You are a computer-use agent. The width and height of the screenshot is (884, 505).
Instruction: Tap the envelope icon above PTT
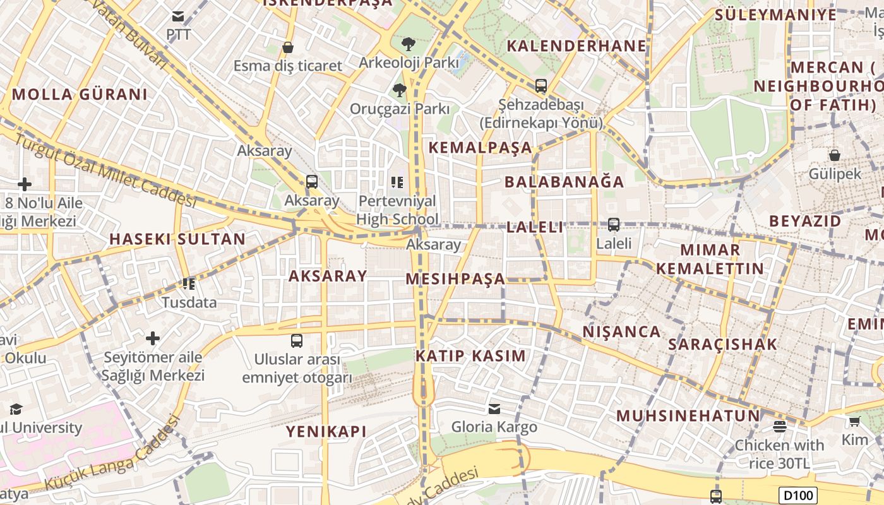[179, 16]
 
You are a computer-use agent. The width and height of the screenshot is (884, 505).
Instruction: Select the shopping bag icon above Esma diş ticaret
[288, 47]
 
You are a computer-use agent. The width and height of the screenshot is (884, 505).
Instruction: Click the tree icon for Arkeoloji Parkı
[409, 44]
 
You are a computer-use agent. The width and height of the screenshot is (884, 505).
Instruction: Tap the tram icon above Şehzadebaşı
[541, 85]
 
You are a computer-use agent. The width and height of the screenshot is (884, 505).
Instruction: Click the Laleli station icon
[613, 224]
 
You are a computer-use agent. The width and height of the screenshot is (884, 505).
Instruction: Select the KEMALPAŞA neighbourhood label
[481, 148]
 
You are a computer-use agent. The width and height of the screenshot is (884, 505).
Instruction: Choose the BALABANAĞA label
[564, 182]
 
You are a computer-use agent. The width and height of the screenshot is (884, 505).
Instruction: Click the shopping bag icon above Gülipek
[835, 155]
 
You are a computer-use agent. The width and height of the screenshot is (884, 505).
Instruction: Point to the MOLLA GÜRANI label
[80, 95]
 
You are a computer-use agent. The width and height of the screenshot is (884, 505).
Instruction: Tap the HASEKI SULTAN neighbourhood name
[177, 239]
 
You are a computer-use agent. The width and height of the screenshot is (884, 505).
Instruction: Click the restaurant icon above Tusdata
[188, 284]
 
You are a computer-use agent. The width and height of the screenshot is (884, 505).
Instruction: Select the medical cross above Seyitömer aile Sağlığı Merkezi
[153, 338]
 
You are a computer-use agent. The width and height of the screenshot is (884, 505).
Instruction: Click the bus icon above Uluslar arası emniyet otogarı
[297, 341]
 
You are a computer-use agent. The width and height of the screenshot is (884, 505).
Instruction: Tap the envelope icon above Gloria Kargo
[494, 409]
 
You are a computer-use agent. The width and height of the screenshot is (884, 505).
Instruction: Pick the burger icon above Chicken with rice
[780, 426]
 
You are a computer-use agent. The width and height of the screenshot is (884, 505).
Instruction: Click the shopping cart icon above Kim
[854, 421]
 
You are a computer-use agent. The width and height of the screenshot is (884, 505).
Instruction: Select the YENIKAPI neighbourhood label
[326, 432]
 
